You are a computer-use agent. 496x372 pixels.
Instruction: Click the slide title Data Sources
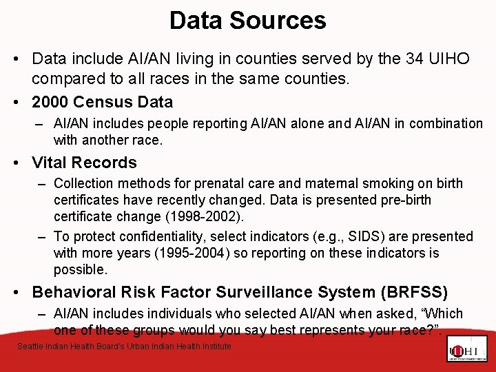[x=247, y=20]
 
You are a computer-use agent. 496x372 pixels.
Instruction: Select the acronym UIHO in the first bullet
[x=451, y=59]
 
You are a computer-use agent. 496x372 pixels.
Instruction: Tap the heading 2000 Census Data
[x=103, y=102]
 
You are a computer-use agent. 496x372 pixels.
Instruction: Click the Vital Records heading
[x=85, y=163]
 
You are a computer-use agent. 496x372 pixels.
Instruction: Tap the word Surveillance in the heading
[x=244, y=292]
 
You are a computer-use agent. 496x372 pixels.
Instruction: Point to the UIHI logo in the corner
[x=466, y=349]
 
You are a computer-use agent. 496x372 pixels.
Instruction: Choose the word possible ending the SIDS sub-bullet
[x=81, y=269]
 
